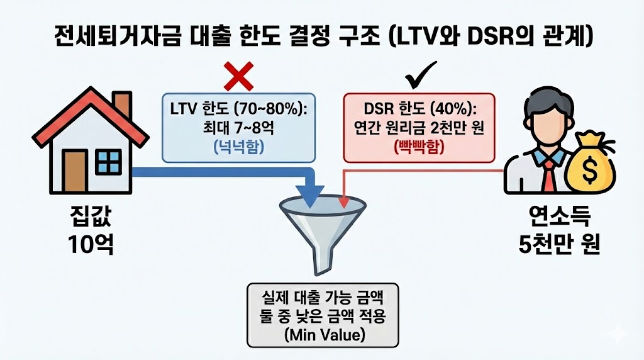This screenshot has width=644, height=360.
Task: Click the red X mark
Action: tap(239, 77)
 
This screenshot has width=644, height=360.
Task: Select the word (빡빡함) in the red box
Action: tap(419, 149)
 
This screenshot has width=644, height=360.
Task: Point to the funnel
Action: tap(320, 227)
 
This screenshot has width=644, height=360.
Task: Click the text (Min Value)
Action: tap(323, 335)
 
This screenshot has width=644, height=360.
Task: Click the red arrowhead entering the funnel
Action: tap(343, 201)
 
